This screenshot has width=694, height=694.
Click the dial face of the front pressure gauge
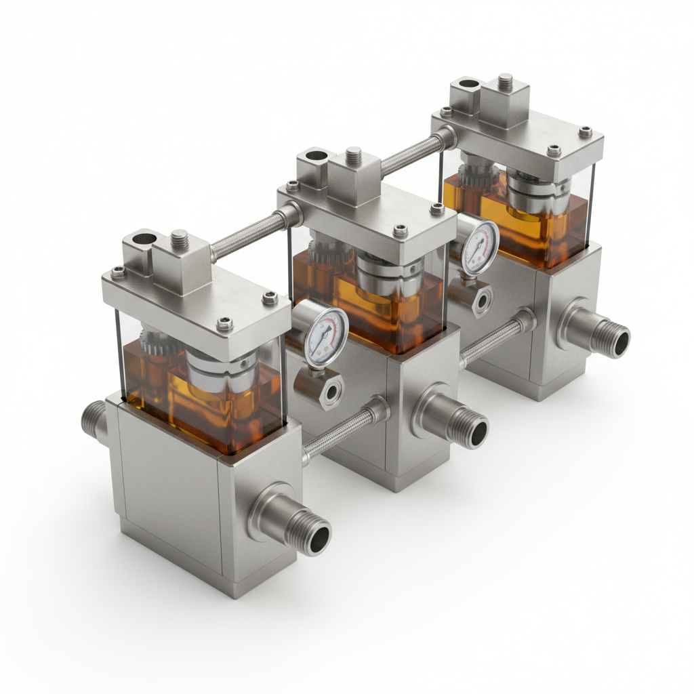point(325,335)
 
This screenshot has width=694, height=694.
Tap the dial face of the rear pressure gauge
point(480,247)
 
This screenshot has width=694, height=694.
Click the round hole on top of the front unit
point(145,239)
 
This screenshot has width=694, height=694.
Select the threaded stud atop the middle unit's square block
point(353,155)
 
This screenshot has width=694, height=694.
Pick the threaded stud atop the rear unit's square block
point(505,81)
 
